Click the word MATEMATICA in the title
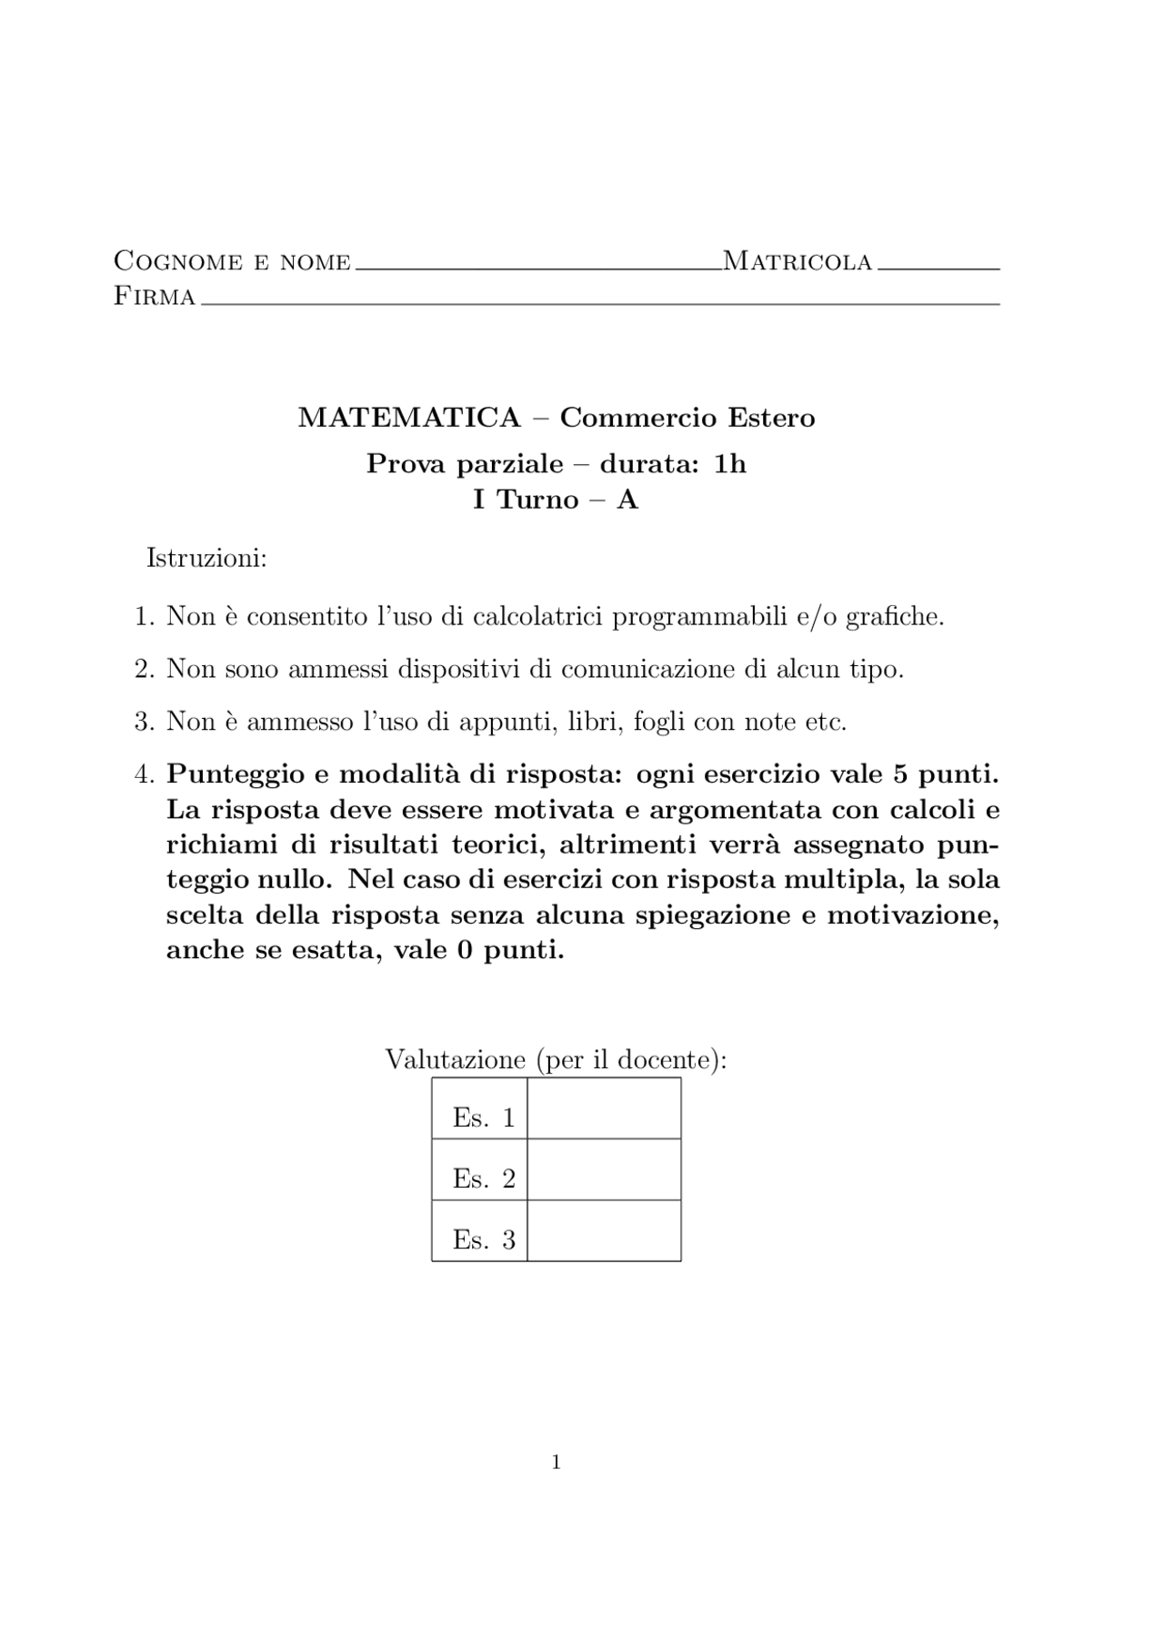(x=409, y=418)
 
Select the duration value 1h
(x=730, y=464)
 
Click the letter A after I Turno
(x=627, y=500)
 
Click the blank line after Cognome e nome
(x=537, y=267)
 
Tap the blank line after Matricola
(x=938, y=267)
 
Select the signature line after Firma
(x=600, y=301)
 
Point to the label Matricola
(x=798, y=262)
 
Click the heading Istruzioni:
(x=206, y=558)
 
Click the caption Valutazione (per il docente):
(x=556, y=1060)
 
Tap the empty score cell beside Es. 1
(x=604, y=1109)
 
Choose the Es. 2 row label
(x=483, y=1179)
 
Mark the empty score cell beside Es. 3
(x=604, y=1231)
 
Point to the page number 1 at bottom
(x=556, y=1462)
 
